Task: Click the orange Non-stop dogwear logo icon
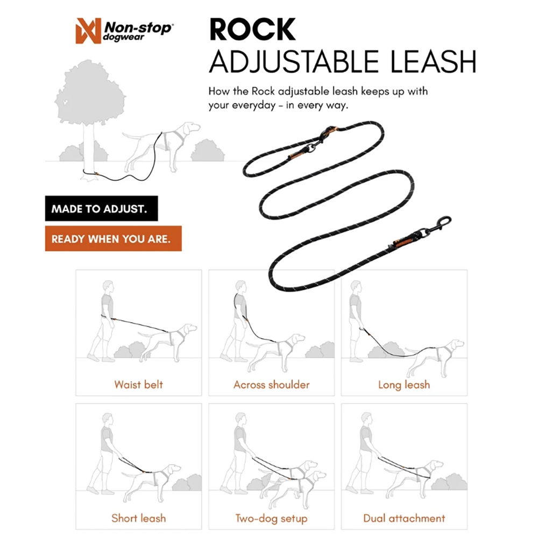coord(88,31)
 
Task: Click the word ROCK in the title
coord(252,30)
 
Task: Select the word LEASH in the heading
coord(433,61)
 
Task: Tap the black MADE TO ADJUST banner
coord(102,208)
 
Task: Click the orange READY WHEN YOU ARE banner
coord(113,238)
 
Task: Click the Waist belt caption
coord(139,385)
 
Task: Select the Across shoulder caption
coord(271,385)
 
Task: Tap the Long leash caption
coord(404,385)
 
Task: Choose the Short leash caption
coord(139,518)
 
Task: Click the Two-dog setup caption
coord(271,519)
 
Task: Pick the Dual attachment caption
coord(404,518)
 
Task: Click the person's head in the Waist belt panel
coord(108,287)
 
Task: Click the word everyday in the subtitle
coord(253,105)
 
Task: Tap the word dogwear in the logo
coord(123,38)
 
